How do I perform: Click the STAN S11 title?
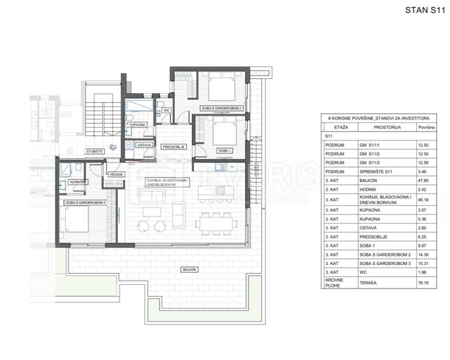[425, 10]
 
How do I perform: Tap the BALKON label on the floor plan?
[189, 270]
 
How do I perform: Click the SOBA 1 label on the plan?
[224, 151]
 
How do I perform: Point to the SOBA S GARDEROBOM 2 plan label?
[222, 108]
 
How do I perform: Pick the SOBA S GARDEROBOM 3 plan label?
[86, 202]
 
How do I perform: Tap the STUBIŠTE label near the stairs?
[95, 151]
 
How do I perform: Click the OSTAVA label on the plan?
[144, 145]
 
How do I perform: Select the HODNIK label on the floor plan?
[116, 174]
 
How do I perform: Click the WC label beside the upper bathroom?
[166, 111]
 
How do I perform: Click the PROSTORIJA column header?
[387, 127]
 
